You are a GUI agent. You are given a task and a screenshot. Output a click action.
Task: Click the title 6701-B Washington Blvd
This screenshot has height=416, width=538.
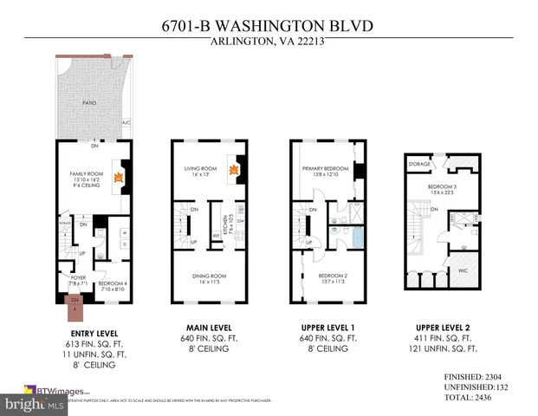[x=269, y=27]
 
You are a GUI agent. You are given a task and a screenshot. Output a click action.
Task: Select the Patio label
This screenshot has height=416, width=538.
[x=89, y=102]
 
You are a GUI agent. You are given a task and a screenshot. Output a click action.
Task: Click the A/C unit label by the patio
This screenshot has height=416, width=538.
[x=126, y=123]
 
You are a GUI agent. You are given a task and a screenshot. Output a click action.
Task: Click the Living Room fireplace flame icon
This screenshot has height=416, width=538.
[x=234, y=170]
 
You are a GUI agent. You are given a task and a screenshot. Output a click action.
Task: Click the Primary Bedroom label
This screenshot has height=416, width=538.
[x=322, y=169]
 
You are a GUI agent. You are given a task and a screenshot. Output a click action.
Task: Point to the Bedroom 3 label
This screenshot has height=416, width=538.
[x=441, y=186]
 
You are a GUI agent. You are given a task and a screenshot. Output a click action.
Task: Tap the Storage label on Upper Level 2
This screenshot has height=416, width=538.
[x=419, y=162]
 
